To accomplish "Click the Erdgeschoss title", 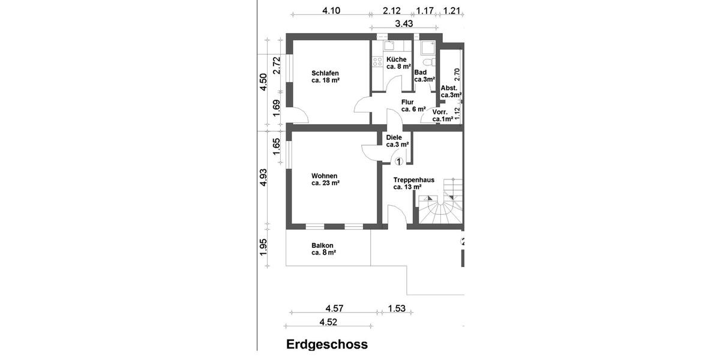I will point(327,344).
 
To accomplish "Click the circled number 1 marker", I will point(399,160).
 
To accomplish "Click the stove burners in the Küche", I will point(377,61).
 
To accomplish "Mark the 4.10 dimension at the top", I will point(331,10).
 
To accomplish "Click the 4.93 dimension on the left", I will point(263,178).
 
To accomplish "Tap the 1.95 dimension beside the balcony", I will point(263,247).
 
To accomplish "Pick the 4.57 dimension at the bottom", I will point(334,308).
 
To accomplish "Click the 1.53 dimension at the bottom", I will point(397,308).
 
